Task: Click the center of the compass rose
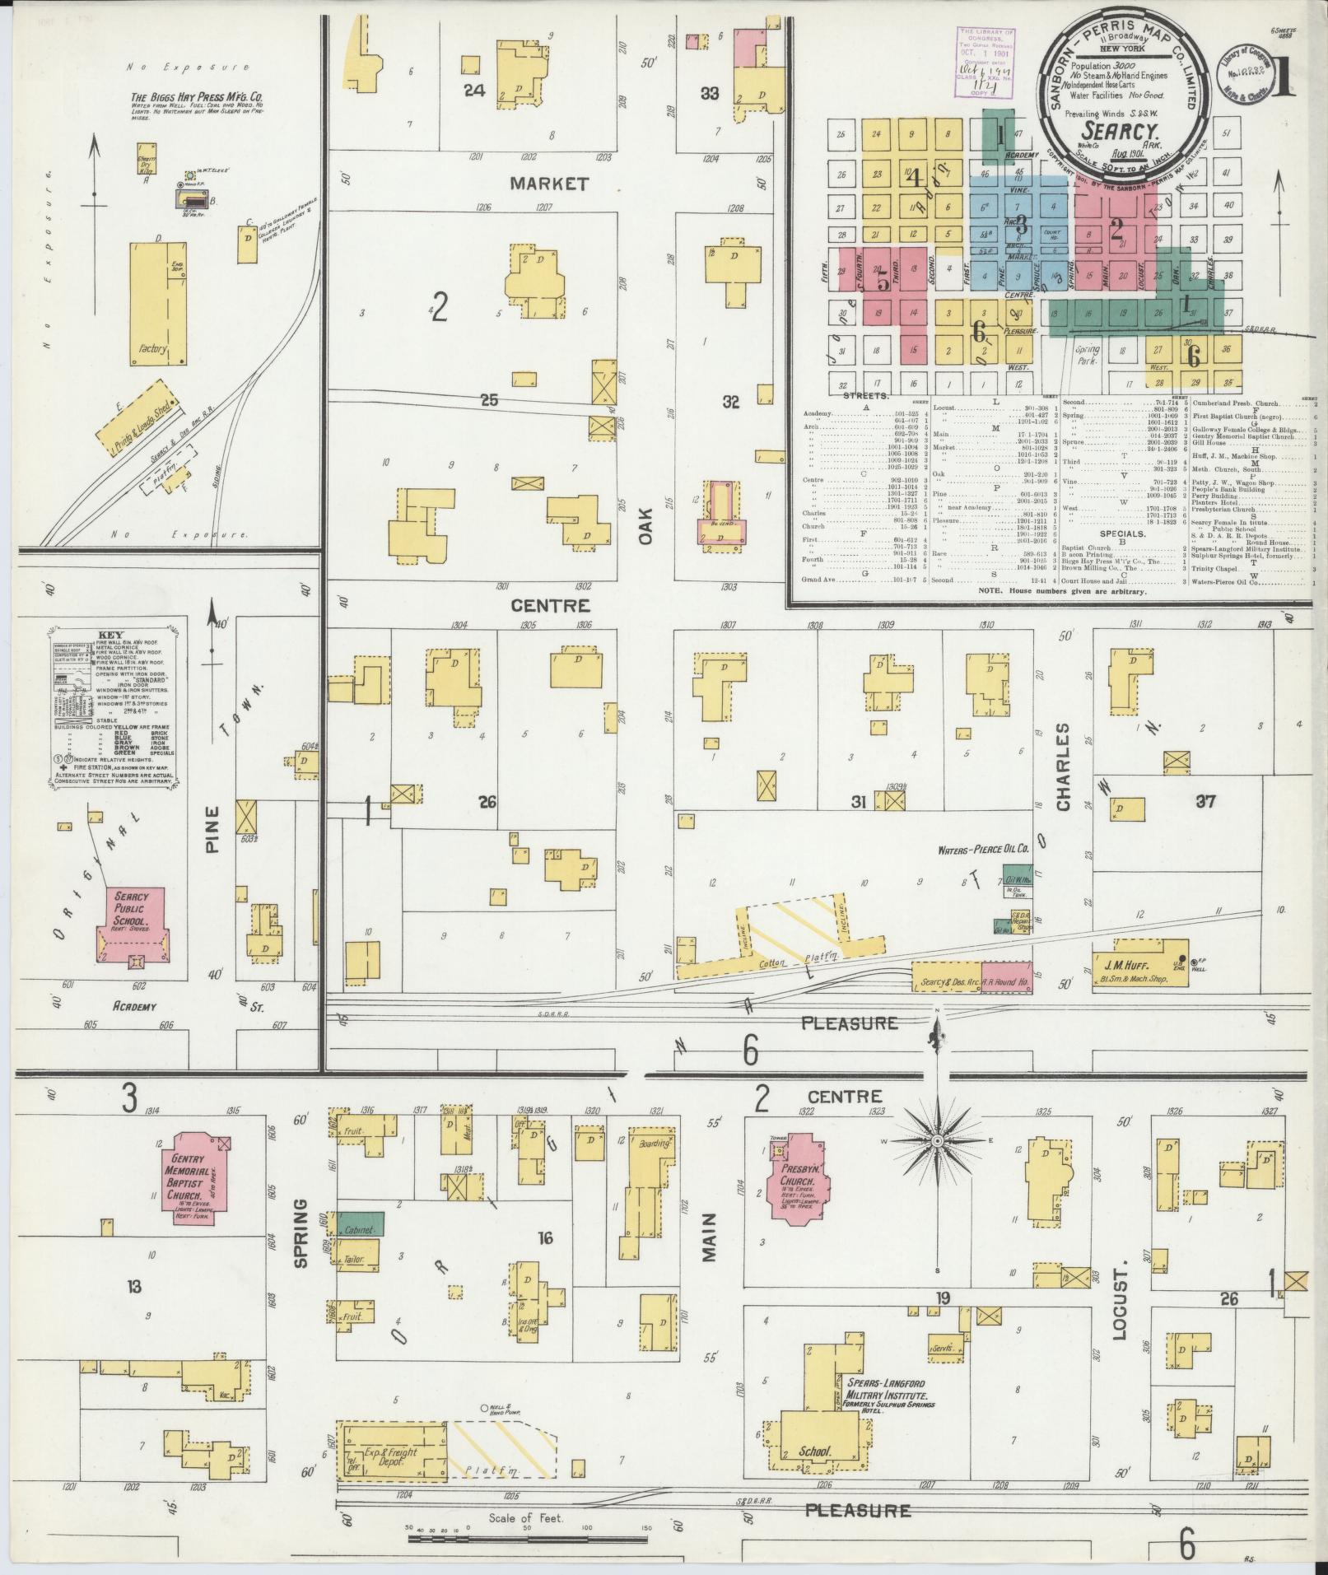937,1141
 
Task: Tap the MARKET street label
549,183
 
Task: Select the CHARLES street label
1062,767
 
